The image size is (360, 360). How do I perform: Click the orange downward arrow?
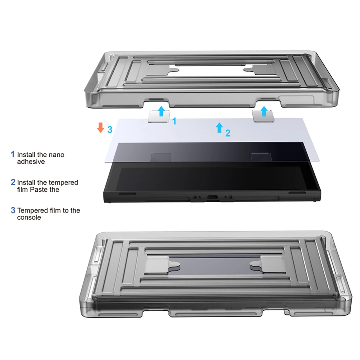[x=101, y=128]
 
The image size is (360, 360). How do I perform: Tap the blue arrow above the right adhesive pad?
[x=264, y=111]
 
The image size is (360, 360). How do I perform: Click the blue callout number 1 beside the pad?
[x=174, y=121]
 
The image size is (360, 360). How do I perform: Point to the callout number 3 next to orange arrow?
[x=110, y=129]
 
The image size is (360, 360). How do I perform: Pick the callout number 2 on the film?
[x=228, y=133]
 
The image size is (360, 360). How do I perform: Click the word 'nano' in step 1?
[x=56, y=155]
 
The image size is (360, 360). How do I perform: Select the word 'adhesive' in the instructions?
[x=31, y=162]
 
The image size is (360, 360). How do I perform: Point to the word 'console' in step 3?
[x=29, y=218]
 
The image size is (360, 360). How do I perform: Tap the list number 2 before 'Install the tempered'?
[x=13, y=182]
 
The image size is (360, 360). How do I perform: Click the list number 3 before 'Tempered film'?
[x=13, y=210]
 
